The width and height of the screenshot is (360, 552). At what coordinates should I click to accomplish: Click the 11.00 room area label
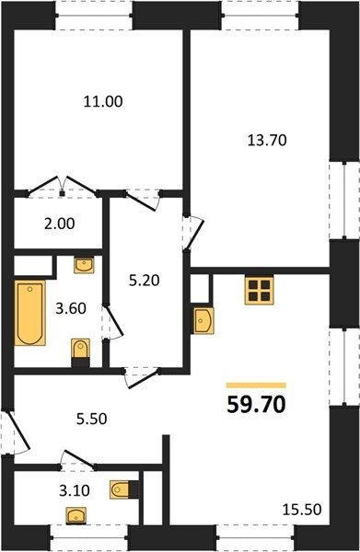click(x=103, y=101)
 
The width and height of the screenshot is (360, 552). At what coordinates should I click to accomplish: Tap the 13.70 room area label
click(x=267, y=141)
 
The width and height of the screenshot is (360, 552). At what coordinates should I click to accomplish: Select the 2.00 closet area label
click(x=60, y=224)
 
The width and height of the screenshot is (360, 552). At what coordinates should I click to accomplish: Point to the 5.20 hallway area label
click(x=144, y=281)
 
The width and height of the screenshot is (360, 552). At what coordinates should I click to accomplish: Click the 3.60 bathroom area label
click(x=71, y=308)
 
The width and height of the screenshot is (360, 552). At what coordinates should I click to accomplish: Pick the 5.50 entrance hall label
click(x=91, y=419)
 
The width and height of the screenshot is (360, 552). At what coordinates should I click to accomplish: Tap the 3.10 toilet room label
click(x=75, y=490)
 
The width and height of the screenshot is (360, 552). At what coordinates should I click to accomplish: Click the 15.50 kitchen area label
click(x=302, y=510)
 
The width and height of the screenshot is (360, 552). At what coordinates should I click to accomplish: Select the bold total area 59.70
click(x=256, y=405)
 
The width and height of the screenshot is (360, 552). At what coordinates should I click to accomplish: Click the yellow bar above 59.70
click(x=256, y=385)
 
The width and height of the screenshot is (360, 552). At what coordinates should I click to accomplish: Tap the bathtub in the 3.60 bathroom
click(x=30, y=313)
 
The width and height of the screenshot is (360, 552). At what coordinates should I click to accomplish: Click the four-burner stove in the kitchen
click(x=260, y=290)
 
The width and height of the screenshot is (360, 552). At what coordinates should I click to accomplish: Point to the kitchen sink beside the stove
click(x=203, y=320)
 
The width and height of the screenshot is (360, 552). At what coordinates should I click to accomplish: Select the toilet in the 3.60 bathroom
click(x=81, y=352)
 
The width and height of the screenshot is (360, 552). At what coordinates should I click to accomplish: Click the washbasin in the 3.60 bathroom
click(x=84, y=265)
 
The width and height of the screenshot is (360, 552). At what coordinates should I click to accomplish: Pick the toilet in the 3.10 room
click(x=123, y=489)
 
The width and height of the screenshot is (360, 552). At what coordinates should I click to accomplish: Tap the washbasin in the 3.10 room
click(x=76, y=516)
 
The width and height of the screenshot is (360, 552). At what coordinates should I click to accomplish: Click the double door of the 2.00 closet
click(x=63, y=186)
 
